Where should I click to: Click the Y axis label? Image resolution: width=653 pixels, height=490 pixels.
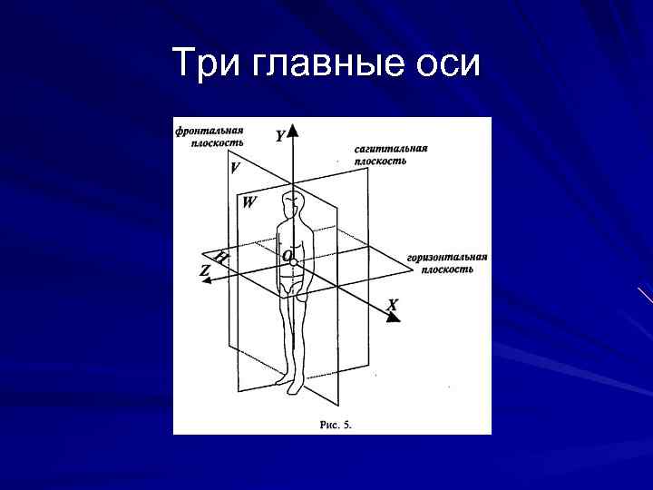click(x=280, y=137)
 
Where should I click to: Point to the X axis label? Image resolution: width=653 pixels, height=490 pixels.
click(x=392, y=306)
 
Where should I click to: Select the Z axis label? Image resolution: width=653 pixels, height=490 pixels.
click(x=205, y=270)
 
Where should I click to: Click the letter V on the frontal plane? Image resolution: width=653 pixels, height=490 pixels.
click(x=236, y=168)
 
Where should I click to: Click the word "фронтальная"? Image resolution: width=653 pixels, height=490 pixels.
click(x=210, y=130)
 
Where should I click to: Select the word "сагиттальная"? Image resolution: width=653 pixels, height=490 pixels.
click(x=391, y=148)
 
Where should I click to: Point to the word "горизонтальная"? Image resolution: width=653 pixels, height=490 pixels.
click(x=447, y=257)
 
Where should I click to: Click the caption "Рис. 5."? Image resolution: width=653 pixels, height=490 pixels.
click(x=336, y=424)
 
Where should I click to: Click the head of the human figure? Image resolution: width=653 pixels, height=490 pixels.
click(x=293, y=203)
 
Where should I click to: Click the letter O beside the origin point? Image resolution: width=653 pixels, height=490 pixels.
click(x=287, y=257)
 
